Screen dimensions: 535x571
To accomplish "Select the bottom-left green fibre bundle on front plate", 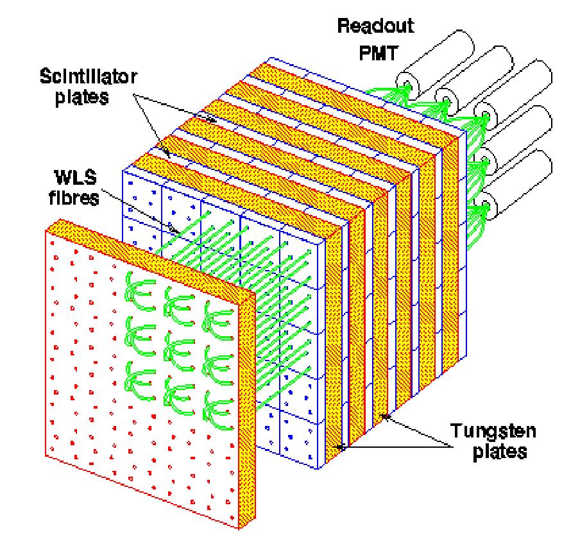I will [137, 378].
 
